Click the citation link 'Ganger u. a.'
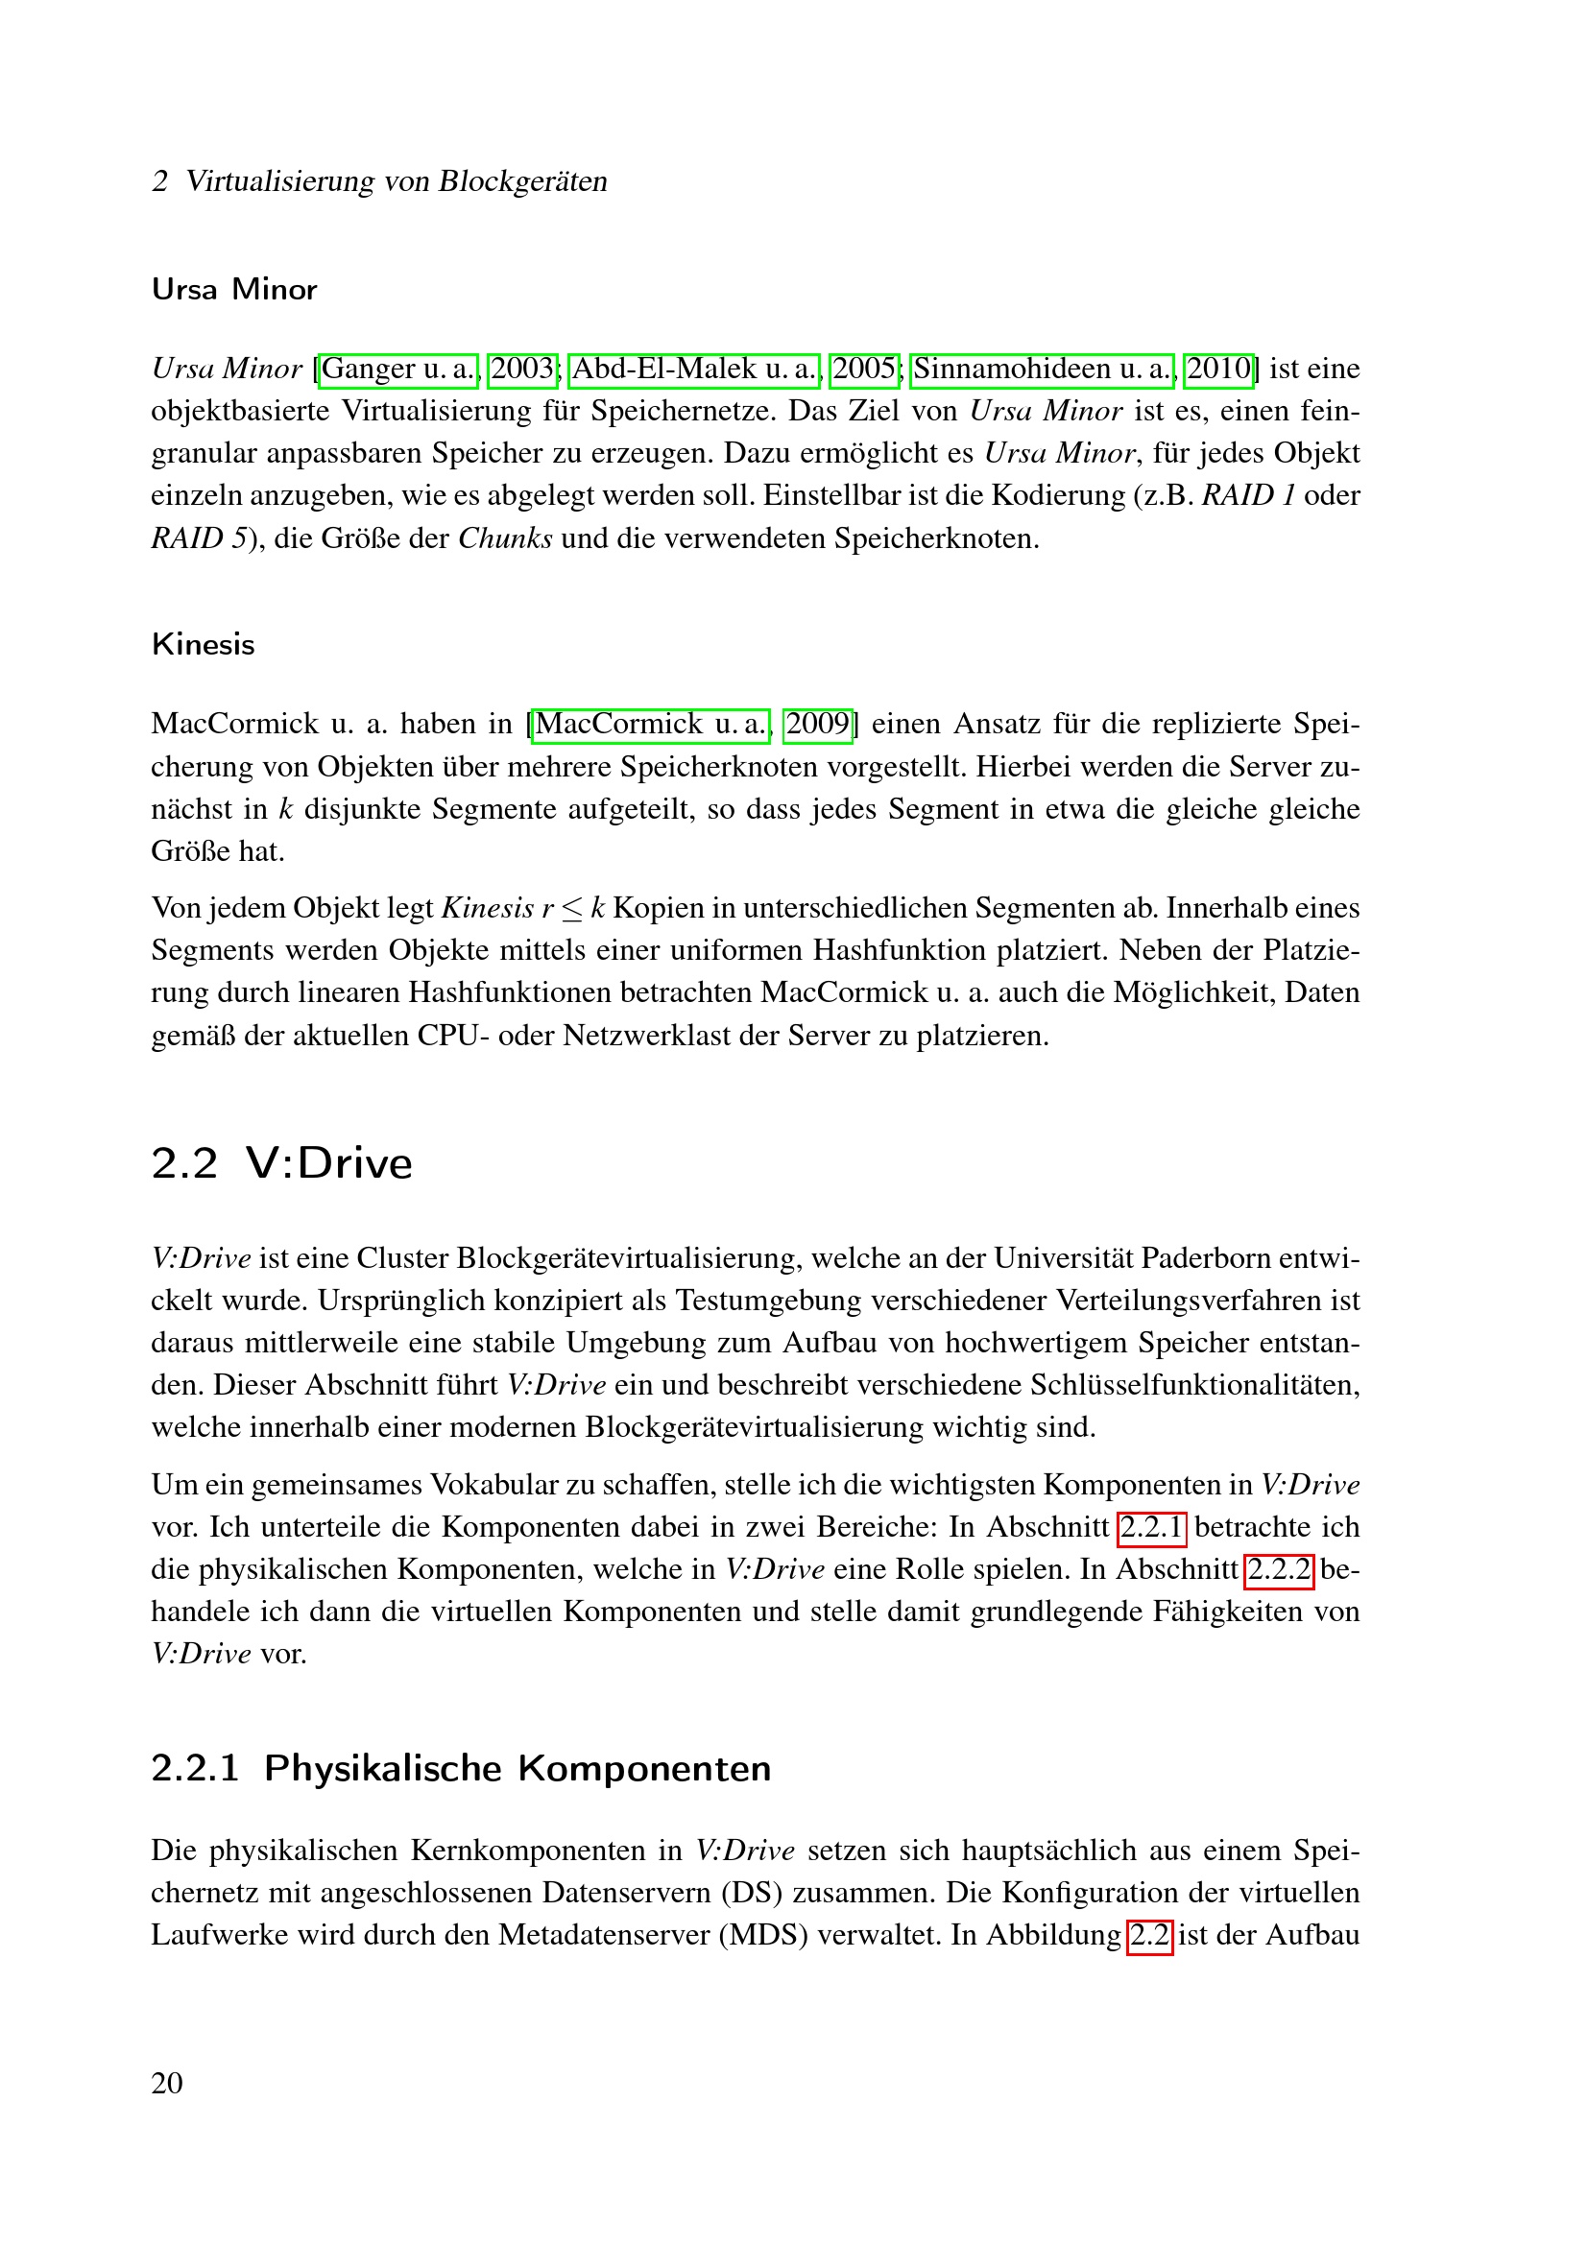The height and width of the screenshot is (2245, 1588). click(x=398, y=369)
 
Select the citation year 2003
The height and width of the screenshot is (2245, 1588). click(x=523, y=369)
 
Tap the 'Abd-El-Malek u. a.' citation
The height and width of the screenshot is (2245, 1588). click(x=694, y=369)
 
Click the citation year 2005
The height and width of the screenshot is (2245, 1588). click(x=863, y=369)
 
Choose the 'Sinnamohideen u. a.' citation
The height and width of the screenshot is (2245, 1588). click(x=1042, y=369)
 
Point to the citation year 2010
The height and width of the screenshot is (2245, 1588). click(x=1218, y=369)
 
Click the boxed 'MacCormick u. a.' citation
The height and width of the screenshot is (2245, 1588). click(x=650, y=725)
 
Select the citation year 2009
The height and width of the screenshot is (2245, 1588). click(x=817, y=725)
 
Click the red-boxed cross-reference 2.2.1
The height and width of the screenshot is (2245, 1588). click(x=1152, y=1527)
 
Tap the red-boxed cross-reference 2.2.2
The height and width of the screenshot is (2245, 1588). click(x=1279, y=1569)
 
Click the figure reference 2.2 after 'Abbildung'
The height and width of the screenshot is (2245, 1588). click(x=1149, y=1935)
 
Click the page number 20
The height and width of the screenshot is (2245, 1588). click(x=167, y=2084)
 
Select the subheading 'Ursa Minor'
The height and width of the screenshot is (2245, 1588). click(x=234, y=290)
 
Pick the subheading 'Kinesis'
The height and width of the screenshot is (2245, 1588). click(x=204, y=644)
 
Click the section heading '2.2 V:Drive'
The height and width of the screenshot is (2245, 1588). click(x=281, y=1163)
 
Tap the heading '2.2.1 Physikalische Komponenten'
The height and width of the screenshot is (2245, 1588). click(x=461, y=1769)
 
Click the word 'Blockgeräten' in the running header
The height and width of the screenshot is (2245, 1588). click(x=523, y=181)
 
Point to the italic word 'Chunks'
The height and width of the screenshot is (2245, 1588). click(x=506, y=538)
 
